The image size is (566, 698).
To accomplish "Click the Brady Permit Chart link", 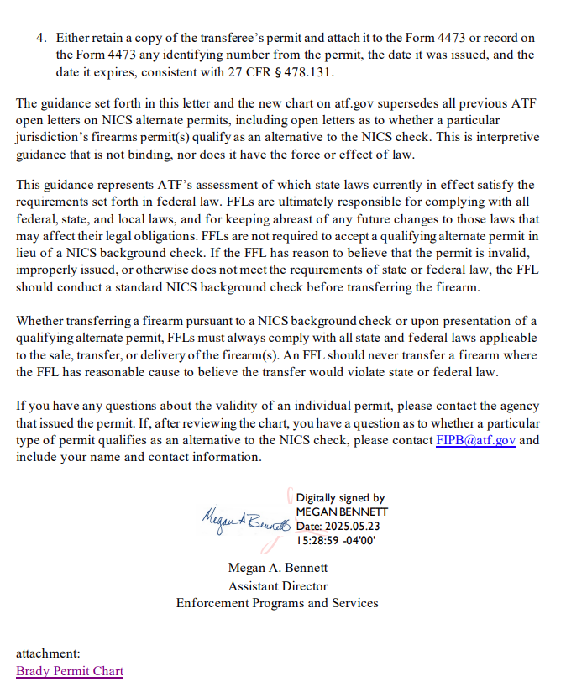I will click(70, 671).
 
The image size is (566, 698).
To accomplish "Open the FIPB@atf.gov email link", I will click(475, 440).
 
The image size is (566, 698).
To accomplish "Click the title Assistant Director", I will click(277, 585).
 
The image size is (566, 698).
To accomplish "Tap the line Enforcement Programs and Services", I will click(277, 603).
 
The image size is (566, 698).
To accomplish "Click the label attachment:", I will click(48, 653).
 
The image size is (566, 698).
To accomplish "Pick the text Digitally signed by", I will click(340, 498).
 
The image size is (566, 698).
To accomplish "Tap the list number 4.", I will click(40, 38).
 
